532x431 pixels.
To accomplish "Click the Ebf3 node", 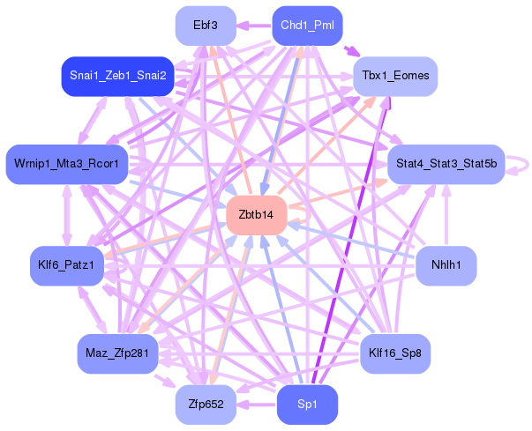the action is coord(206,26).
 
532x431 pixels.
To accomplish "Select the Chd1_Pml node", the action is coord(307,26).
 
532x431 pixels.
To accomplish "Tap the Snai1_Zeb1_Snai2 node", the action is coord(117,76).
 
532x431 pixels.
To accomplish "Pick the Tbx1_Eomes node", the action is coord(395,76).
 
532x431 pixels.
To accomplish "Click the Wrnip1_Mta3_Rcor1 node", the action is coord(67,164).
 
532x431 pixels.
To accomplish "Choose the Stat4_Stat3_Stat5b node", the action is coord(446,164).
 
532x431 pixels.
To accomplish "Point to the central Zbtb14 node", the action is coord(257,215).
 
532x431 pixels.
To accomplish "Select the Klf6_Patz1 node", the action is coord(67,265).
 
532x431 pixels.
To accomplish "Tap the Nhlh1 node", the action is coord(446,265).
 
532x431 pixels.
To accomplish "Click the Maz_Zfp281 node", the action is coord(117,353).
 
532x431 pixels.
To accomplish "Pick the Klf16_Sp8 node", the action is coord(395,353).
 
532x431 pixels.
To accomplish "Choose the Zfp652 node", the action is coord(206,405).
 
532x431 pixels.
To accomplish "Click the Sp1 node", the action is coord(307,405).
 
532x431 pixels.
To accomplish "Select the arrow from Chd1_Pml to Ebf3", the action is coord(254,26).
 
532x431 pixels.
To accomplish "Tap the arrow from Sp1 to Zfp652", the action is coord(257,405).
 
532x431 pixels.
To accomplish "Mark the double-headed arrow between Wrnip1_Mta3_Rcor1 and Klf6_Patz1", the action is coord(67,215).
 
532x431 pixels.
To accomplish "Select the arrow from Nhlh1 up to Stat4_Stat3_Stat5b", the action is coord(446,215).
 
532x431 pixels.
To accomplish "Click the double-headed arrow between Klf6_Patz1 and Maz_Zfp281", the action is coord(93,309).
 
